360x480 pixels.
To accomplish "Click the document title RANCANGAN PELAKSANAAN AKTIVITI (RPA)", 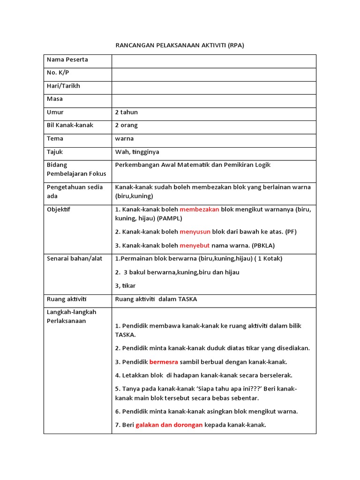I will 180,45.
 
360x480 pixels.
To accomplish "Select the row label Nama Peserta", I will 67,60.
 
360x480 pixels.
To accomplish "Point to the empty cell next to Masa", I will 214,100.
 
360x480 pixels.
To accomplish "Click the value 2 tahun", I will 127,112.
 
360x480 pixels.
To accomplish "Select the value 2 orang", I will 127,125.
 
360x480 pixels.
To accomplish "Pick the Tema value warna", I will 124,139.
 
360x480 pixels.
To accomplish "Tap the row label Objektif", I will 59,210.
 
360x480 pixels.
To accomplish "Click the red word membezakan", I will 199,210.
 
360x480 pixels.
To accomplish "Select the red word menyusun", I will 195,232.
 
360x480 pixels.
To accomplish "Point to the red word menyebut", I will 195,245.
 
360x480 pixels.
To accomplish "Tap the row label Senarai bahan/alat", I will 75,258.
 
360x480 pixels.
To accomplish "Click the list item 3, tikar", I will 126,285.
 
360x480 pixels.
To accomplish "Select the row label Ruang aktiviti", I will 67,299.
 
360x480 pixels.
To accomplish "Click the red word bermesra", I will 164,362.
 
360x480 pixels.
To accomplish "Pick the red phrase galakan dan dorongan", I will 169,425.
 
